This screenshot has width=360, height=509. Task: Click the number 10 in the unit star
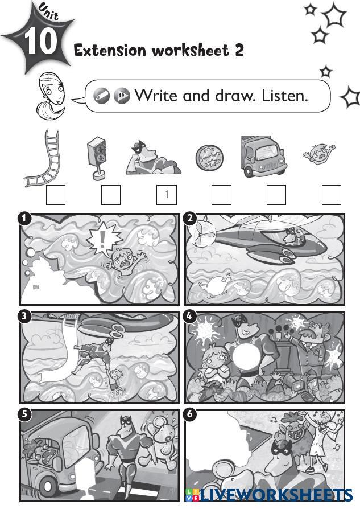coord(40,42)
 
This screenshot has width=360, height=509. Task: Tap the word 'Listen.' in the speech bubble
coord(285,96)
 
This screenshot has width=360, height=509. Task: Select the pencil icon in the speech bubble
coord(101,96)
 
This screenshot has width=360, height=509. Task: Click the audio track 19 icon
coord(122,96)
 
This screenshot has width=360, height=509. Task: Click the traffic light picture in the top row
coord(97,158)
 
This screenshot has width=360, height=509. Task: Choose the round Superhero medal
coord(209,158)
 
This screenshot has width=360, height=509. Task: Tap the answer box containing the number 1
coord(167,195)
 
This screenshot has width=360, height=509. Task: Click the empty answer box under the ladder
coord(56,195)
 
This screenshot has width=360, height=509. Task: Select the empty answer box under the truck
coord(276,195)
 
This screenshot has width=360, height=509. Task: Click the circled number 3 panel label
coord(24,316)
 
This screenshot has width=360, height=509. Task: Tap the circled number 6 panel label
coord(190,414)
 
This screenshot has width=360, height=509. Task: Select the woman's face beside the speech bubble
coord(52,89)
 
